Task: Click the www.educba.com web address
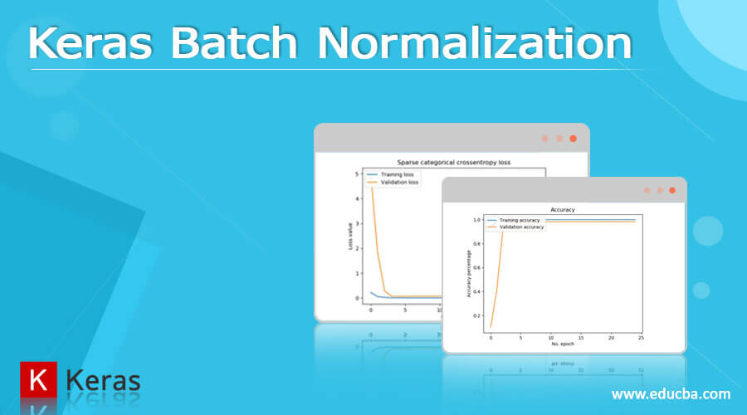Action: point(671,393)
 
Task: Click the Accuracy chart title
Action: point(563,209)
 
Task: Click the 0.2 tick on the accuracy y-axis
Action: point(476,315)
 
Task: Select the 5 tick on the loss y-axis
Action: point(356,174)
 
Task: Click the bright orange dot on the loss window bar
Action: point(573,139)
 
